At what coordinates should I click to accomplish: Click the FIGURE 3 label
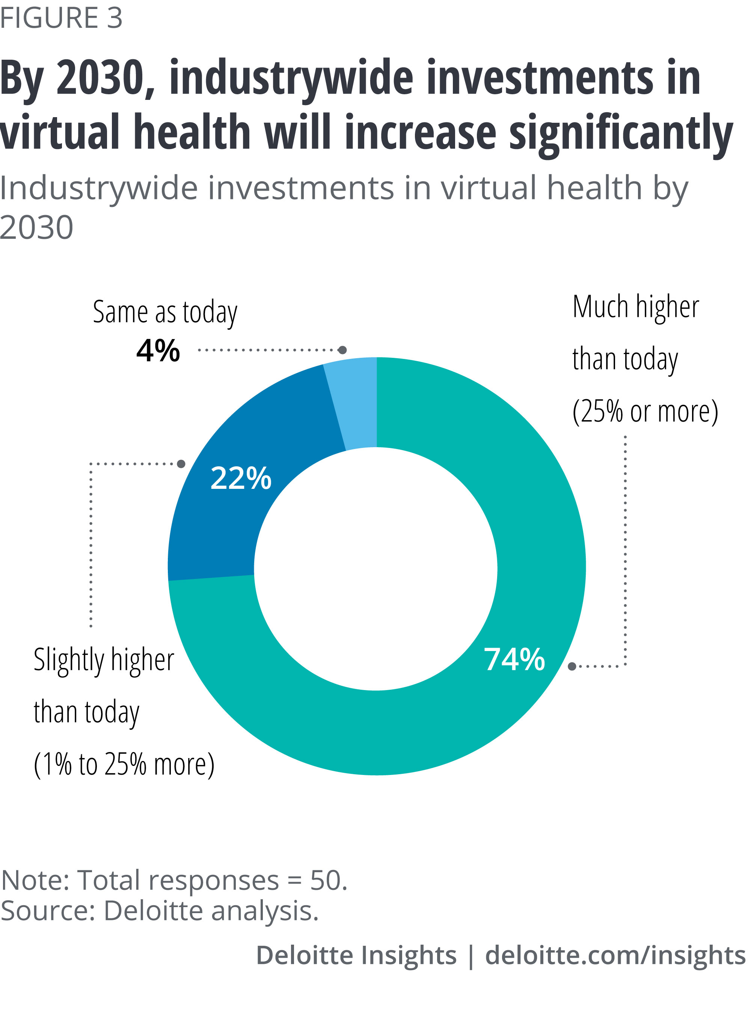(61, 18)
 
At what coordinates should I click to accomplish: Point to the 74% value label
(514, 659)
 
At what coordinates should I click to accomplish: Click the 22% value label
(241, 478)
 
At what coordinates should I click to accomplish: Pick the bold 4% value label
(158, 350)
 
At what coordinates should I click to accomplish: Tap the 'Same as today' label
(165, 313)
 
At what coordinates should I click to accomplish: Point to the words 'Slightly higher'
(104, 660)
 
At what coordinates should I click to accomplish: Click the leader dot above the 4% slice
(343, 350)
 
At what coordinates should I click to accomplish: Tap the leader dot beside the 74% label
(572, 666)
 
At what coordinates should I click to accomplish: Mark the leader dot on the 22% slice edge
(181, 464)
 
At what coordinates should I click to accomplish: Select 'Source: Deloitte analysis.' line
(160, 911)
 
